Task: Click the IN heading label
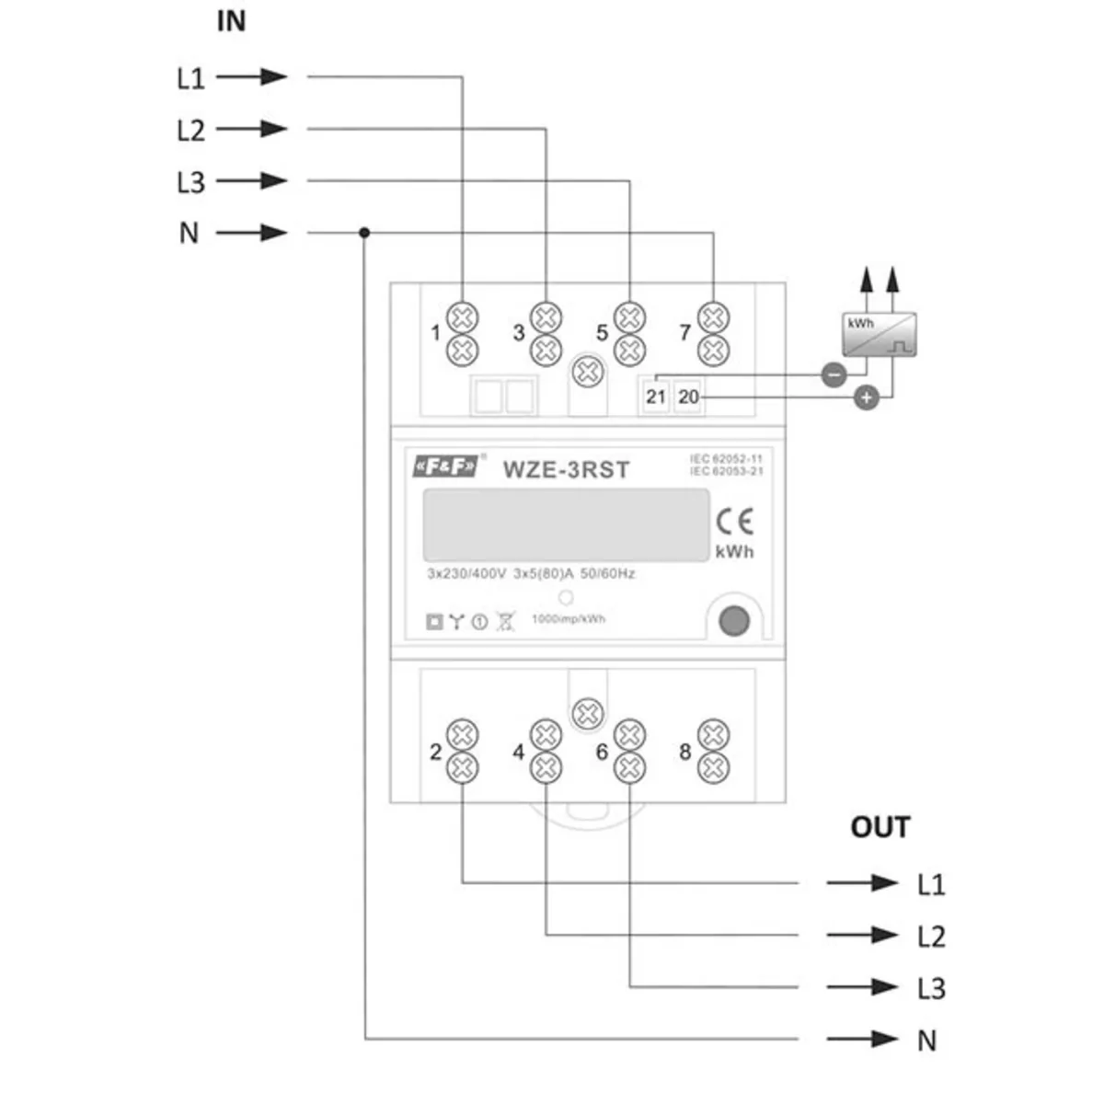[231, 21]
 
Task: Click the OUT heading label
[880, 827]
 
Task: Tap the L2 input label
[190, 130]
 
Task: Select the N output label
[926, 1041]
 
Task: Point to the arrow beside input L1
[253, 77]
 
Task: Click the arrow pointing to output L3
[862, 987]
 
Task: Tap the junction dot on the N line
[364, 233]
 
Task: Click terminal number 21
[655, 397]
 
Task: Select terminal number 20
[688, 397]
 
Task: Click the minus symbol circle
[834, 375]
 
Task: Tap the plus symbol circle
[867, 397]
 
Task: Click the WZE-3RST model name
[566, 469]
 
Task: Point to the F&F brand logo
[445, 467]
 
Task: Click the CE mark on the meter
[734, 522]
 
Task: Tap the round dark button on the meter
[732, 621]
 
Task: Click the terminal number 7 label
[684, 332]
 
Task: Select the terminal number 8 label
[684, 752]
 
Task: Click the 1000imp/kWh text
[569, 619]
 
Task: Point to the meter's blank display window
[566, 524]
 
